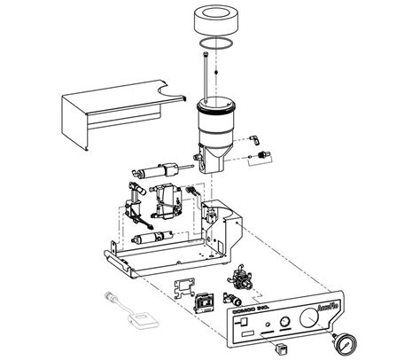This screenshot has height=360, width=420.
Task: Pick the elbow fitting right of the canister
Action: (x=255, y=138)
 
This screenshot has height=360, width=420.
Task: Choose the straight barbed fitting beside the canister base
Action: (x=260, y=157)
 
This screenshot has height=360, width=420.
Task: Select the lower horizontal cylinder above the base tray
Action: (x=148, y=239)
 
